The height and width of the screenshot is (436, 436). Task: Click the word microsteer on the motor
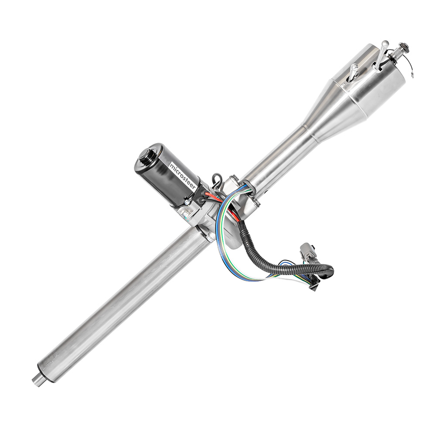[x=182, y=177]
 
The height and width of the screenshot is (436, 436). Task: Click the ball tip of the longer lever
[x=385, y=43]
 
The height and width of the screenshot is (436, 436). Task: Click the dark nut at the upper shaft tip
[x=402, y=47]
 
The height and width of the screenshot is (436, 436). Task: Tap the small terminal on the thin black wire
[x=412, y=75]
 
